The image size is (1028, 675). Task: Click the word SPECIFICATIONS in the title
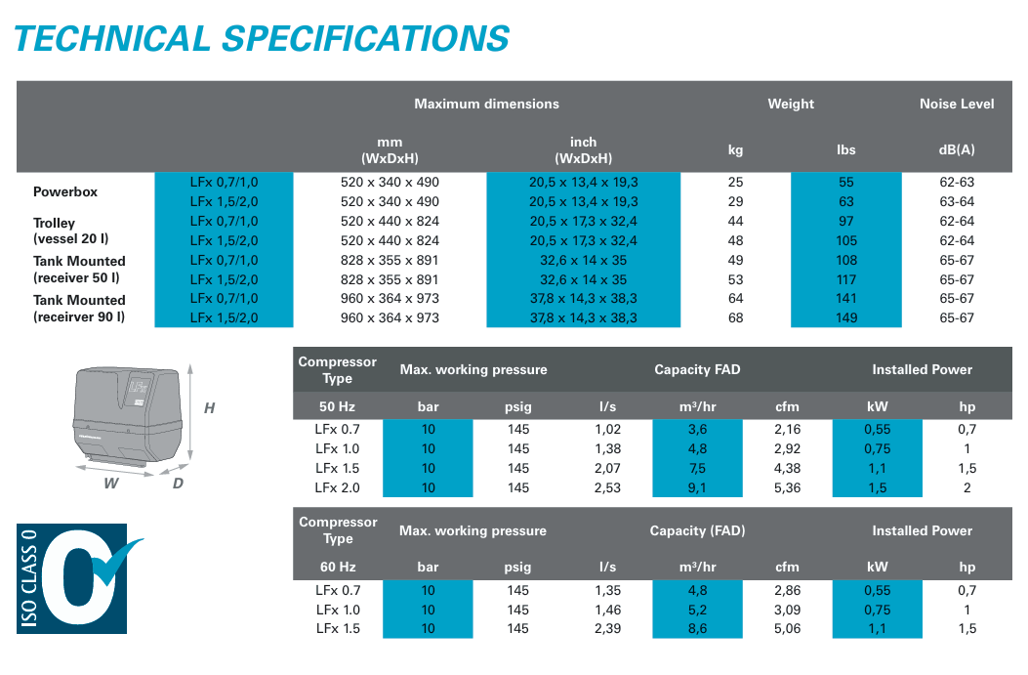point(366,38)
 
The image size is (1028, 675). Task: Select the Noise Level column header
point(957,104)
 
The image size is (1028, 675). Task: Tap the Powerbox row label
point(65,191)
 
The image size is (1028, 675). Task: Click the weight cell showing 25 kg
point(736,183)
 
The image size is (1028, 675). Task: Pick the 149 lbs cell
point(846,317)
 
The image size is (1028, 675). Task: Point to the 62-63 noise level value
point(957,183)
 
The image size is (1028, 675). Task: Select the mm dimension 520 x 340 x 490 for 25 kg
point(390,183)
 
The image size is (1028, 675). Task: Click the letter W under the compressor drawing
point(111,484)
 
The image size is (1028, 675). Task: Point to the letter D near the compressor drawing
point(178,484)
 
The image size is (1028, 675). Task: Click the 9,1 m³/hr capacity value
point(697,487)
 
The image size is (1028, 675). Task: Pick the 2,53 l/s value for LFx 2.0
point(607,487)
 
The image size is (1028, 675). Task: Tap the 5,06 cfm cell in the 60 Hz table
point(787,628)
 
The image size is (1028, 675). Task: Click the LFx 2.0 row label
point(338,487)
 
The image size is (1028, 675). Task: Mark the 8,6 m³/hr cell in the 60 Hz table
point(697,628)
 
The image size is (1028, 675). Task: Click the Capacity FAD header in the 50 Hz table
point(697,369)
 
